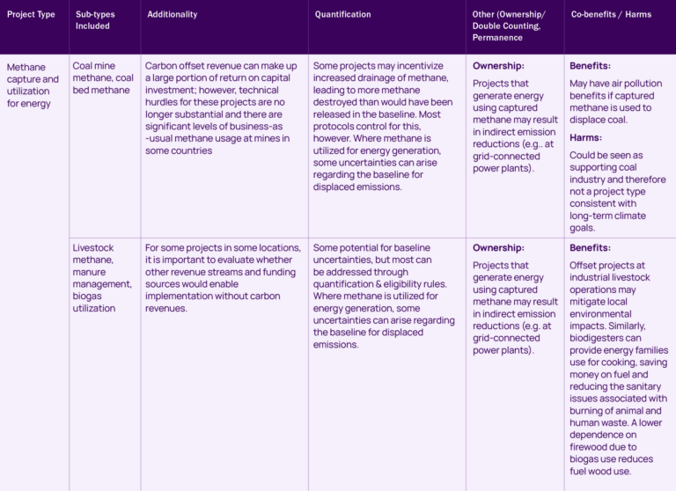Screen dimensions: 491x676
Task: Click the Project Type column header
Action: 31,15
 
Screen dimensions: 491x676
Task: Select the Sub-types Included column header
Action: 95,20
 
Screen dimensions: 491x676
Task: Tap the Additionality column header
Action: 173,15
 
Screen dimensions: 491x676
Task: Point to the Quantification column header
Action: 343,15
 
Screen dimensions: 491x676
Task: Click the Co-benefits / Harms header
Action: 611,15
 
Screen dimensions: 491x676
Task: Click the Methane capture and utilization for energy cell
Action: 33,84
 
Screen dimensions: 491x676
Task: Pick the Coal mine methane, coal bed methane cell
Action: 103,77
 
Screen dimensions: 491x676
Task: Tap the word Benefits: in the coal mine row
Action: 590,66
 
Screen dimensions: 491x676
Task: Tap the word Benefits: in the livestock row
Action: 590,248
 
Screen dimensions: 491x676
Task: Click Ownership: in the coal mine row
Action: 498,66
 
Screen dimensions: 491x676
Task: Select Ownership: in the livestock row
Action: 498,248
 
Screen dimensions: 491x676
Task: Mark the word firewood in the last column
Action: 591,447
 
